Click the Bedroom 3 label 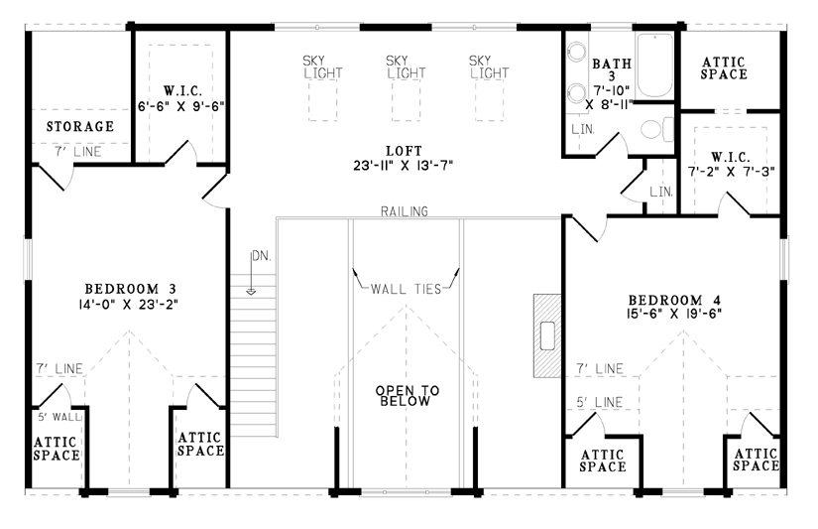(131, 289)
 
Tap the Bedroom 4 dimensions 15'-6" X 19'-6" (674, 314)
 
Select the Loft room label (404, 152)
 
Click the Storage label (80, 126)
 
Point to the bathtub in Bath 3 (654, 66)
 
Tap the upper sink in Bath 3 (576, 52)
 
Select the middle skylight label (406, 67)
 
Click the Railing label (405, 211)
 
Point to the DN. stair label (262, 256)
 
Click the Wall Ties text (406, 289)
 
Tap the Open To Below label (408, 396)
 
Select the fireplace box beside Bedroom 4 (546, 335)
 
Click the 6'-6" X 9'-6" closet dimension (181, 106)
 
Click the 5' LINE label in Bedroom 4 (600, 403)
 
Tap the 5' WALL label (59, 417)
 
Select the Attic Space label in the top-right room (724, 68)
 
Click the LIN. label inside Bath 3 (583, 129)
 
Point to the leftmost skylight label (322, 67)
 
